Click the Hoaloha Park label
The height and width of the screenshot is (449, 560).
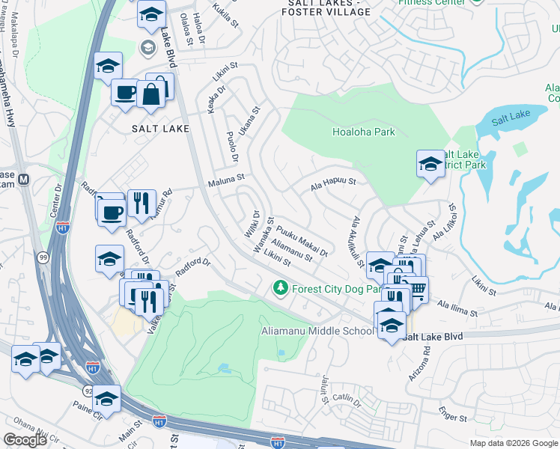click(363, 132)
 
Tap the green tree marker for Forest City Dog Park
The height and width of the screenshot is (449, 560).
click(281, 288)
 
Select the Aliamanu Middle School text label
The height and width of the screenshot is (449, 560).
click(317, 332)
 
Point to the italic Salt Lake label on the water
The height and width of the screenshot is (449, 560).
click(511, 116)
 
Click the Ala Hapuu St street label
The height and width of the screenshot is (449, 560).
click(332, 181)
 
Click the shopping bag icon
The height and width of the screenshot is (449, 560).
click(150, 94)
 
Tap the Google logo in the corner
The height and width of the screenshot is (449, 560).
click(25, 440)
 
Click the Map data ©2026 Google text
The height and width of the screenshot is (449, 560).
click(513, 443)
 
